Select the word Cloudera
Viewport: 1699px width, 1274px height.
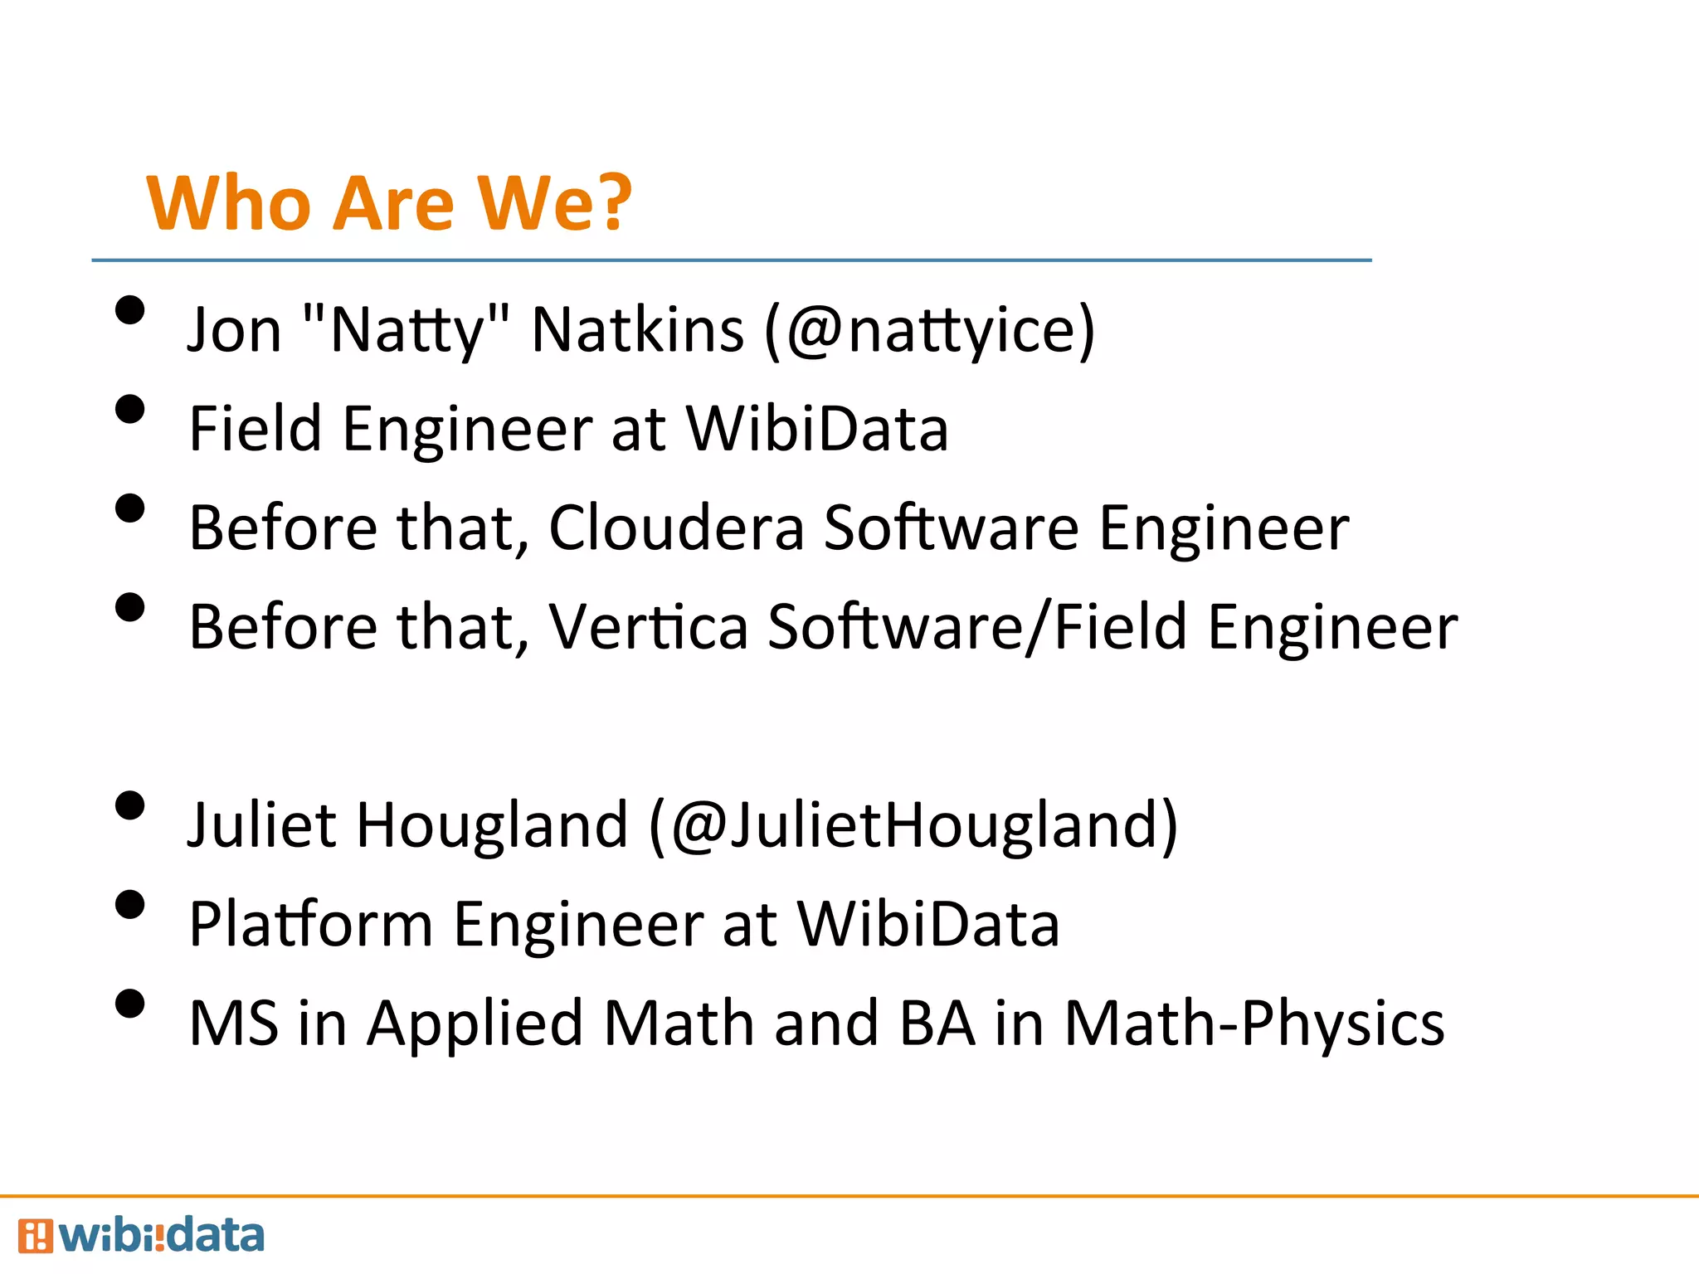coord(676,528)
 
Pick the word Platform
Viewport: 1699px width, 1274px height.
coord(310,924)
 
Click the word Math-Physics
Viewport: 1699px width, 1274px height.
coord(1254,1024)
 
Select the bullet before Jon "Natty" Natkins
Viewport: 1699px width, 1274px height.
coord(130,311)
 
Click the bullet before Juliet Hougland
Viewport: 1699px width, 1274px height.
coord(130,806)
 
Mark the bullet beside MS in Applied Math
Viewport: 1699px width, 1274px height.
coord(130,1004)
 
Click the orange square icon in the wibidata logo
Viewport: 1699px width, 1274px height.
coord(35,1236)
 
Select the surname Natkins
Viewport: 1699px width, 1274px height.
coord(637,329)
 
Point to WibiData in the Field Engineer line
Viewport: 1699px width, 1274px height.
coord(816,429)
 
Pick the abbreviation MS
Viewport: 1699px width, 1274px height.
coord(233,1024)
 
